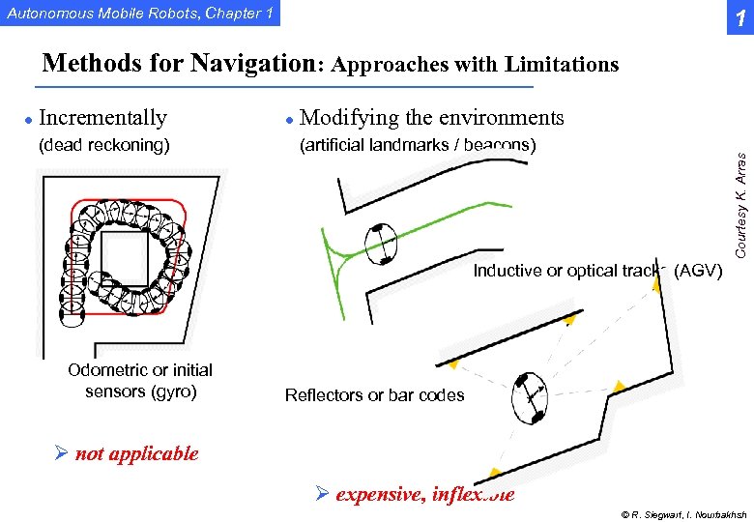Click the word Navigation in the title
click(253, 64)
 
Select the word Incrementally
click(102, 118)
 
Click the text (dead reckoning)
click(103, 146)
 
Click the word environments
click(500, 118)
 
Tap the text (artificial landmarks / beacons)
click(418, 146)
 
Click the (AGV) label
click(697, 272)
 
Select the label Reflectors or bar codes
click(374, 395)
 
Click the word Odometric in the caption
click(108, 370)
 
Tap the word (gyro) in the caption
click(174, 391)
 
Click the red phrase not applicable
click(136, 453)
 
